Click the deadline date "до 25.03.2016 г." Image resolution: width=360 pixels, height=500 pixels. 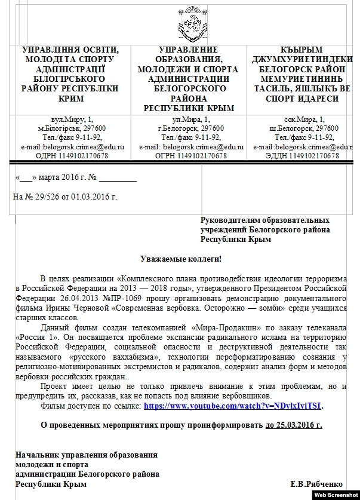coord(293,425)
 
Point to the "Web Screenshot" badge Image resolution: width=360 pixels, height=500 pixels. coord(336,495)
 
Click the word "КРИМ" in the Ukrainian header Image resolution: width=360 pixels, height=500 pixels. coord(70,98)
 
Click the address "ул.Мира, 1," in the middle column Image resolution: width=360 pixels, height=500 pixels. coord(190,120)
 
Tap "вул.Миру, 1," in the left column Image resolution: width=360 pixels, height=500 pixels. coord(71,120)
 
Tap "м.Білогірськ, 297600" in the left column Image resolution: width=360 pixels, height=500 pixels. coord(71,129)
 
